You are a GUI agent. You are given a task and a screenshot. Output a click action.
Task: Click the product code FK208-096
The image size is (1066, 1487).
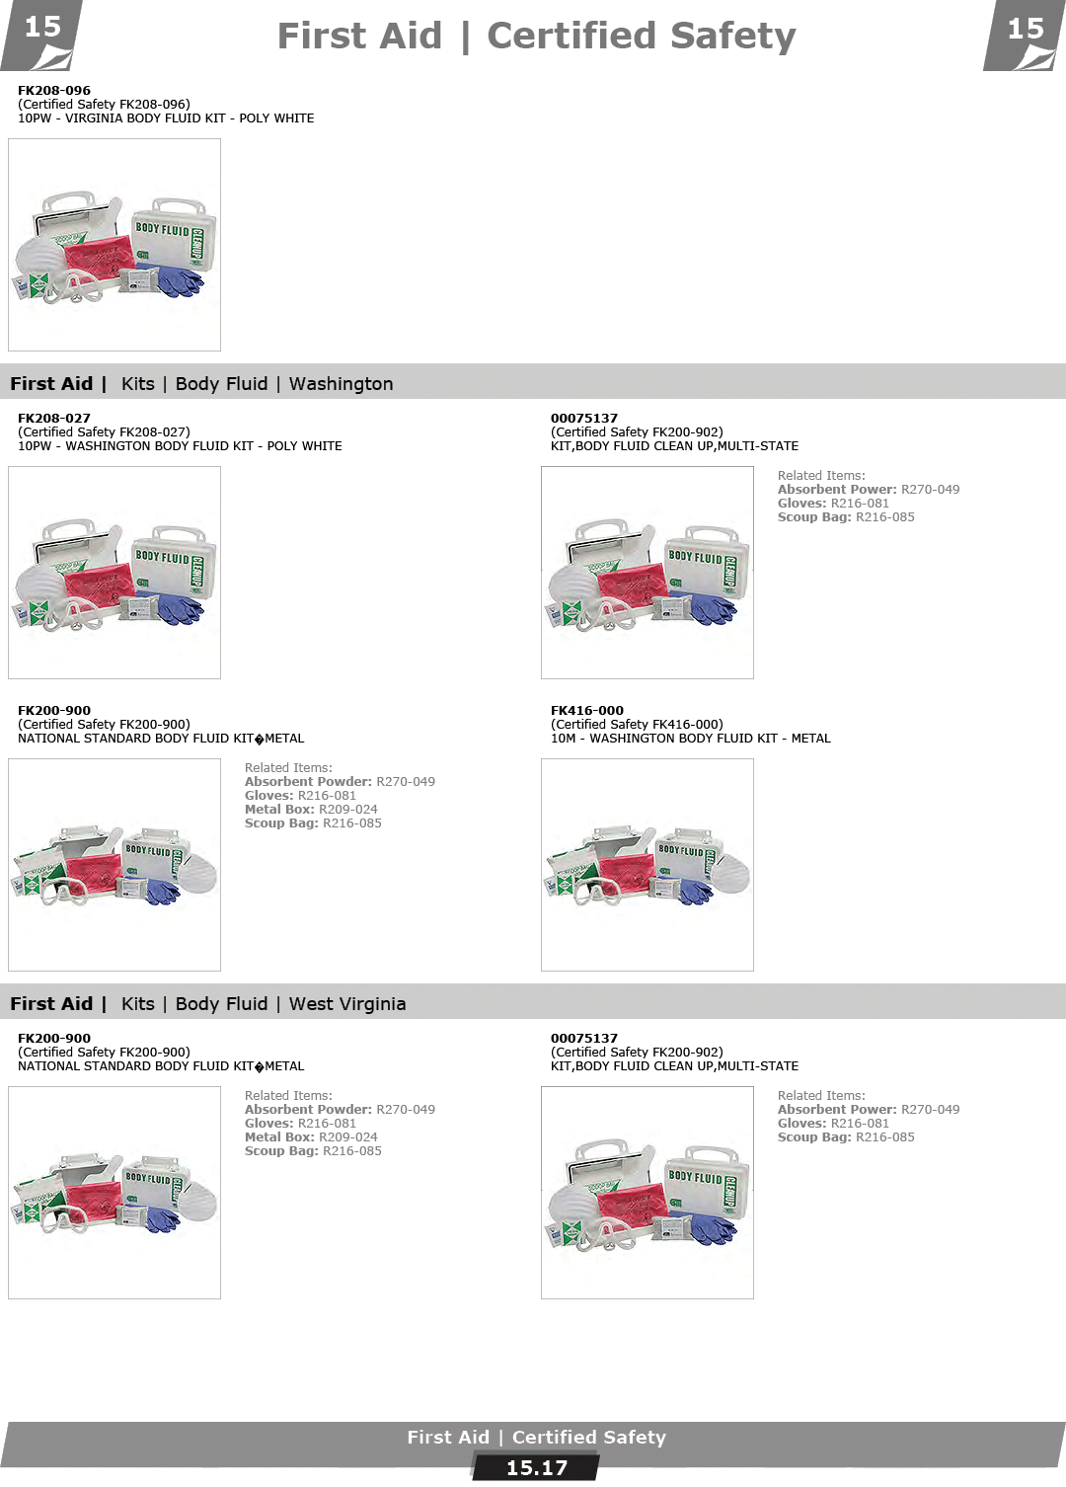[x=54, y=90]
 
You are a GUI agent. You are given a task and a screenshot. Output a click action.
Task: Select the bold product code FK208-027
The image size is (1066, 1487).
[x=54, y=419]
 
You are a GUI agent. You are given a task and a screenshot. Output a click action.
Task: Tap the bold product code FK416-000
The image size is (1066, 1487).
[x=586, y=710]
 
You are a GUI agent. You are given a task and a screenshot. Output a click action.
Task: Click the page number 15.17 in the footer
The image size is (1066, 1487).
[x=537, y=1467]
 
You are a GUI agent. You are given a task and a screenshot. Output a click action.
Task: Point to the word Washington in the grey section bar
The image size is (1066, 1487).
[x=342, y=384]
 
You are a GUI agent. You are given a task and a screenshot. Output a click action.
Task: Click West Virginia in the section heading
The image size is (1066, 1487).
[x=347, y=1004]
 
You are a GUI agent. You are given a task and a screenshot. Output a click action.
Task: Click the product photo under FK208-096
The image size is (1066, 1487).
[x=114, y=245]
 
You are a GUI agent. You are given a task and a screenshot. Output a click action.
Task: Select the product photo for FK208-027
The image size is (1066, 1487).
[x=114, y=573]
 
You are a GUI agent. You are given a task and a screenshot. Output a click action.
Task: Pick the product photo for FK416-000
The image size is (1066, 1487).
[x=647, y=865]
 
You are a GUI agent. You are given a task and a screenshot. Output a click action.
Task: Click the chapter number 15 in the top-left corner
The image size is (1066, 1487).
[x=42, y=28]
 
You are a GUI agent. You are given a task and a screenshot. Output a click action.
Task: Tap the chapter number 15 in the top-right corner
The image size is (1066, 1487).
[x=1026, y=29]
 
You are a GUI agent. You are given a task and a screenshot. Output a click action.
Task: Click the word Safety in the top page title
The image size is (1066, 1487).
[x=732, y=37]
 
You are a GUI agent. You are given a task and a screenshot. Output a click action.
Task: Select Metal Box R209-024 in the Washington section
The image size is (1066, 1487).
[x=311, y=810]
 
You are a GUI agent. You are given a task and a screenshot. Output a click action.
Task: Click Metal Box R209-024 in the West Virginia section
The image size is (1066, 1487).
[x=311, y=1137]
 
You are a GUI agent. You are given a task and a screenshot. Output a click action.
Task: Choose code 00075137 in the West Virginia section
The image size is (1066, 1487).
[x=584, y=1039]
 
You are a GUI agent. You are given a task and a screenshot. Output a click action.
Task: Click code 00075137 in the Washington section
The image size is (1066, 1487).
[x=584, y=419]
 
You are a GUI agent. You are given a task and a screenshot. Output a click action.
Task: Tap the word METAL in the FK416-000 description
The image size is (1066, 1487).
[x=810, y=739]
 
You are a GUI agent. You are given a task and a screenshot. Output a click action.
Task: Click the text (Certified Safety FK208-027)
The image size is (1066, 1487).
[x=105, y=432]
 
